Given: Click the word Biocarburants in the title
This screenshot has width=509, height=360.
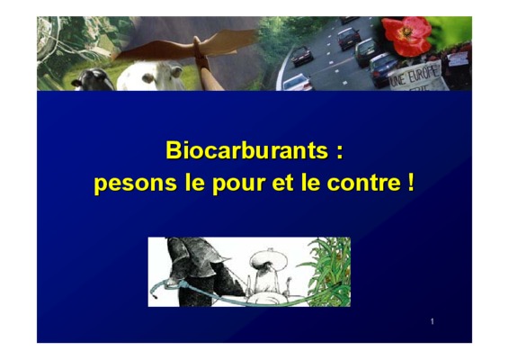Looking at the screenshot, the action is click(246, 150).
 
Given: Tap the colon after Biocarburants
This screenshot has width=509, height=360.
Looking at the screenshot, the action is click(340, 152).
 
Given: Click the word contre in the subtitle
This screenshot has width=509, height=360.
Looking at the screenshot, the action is click(364, 183).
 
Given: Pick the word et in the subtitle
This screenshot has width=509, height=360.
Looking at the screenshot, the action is click(282, 183).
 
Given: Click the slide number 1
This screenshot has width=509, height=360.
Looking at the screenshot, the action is click(432, 321).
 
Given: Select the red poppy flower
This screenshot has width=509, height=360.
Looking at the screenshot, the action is click(406, 36).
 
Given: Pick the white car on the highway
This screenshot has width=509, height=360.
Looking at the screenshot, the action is click(297, 83).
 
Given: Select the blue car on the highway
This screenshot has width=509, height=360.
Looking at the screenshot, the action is click(383, 69).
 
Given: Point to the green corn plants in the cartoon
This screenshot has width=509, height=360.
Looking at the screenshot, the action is click(328, 272).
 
